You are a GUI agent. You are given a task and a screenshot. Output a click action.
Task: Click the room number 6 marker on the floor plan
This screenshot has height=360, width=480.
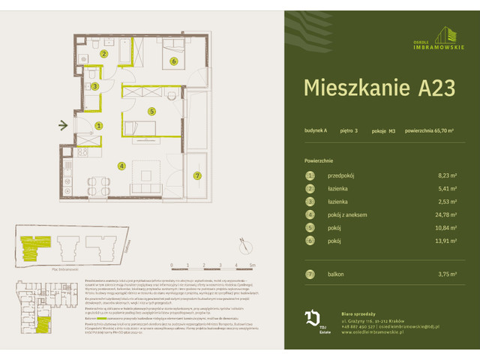pyautogui.click(x=173, y=61)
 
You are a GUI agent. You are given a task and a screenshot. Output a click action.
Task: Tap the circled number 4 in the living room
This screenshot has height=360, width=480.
pyautogui.click(x=120, y=166)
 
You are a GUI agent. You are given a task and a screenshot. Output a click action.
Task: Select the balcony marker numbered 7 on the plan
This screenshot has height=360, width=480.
pyautogui.click(x=197, y=175)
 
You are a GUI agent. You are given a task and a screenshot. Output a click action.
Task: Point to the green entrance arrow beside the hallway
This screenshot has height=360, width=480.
pyautogui.click(x=64, y=125)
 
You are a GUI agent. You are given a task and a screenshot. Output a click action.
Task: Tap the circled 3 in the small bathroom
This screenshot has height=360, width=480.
pyautogui.click(x=94, y=87)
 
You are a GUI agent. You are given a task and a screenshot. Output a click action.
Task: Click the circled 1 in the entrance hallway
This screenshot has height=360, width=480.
pyautogui.click(x=98, y=126)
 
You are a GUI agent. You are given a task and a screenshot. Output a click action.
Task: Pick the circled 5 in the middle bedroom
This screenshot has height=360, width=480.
pyautogui.click(x=151, y=111)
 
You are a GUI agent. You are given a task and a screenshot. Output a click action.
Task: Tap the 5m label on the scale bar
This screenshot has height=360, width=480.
pyautogui.click(x=253, y=265)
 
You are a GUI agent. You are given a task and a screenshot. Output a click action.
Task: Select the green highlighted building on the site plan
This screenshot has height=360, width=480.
pyautogui.click(x=34, y=243)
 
